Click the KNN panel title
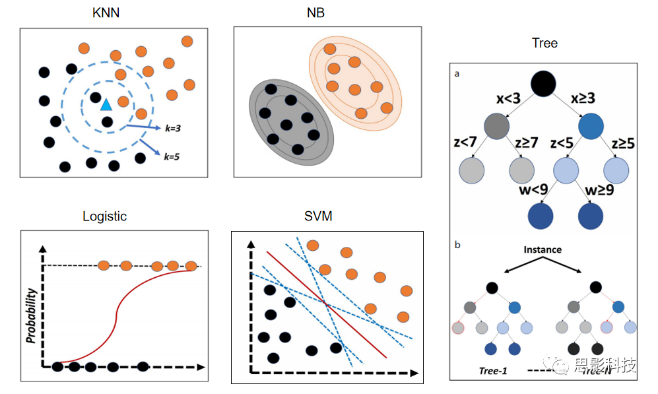pos(106,12)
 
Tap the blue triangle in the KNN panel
pos(106,104)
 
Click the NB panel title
pos(315,12)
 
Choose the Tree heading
pos(544,44)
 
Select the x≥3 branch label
pos(582,98)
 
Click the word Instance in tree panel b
pos(543,250)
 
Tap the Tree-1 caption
pos(492,370)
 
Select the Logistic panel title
pos(104,216)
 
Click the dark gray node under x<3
pos(498,126)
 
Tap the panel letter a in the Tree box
pos(457,75)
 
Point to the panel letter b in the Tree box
pos(457,245)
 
